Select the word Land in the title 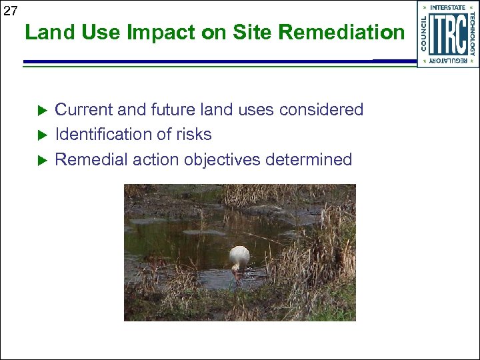(x=45, y=32)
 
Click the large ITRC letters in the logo (x=447, y=34)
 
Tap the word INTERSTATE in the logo (x=448, y=7)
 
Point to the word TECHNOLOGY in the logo (x=472, y=34)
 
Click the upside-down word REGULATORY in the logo (x=448, y=61)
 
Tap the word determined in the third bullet (x=309, y=160)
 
